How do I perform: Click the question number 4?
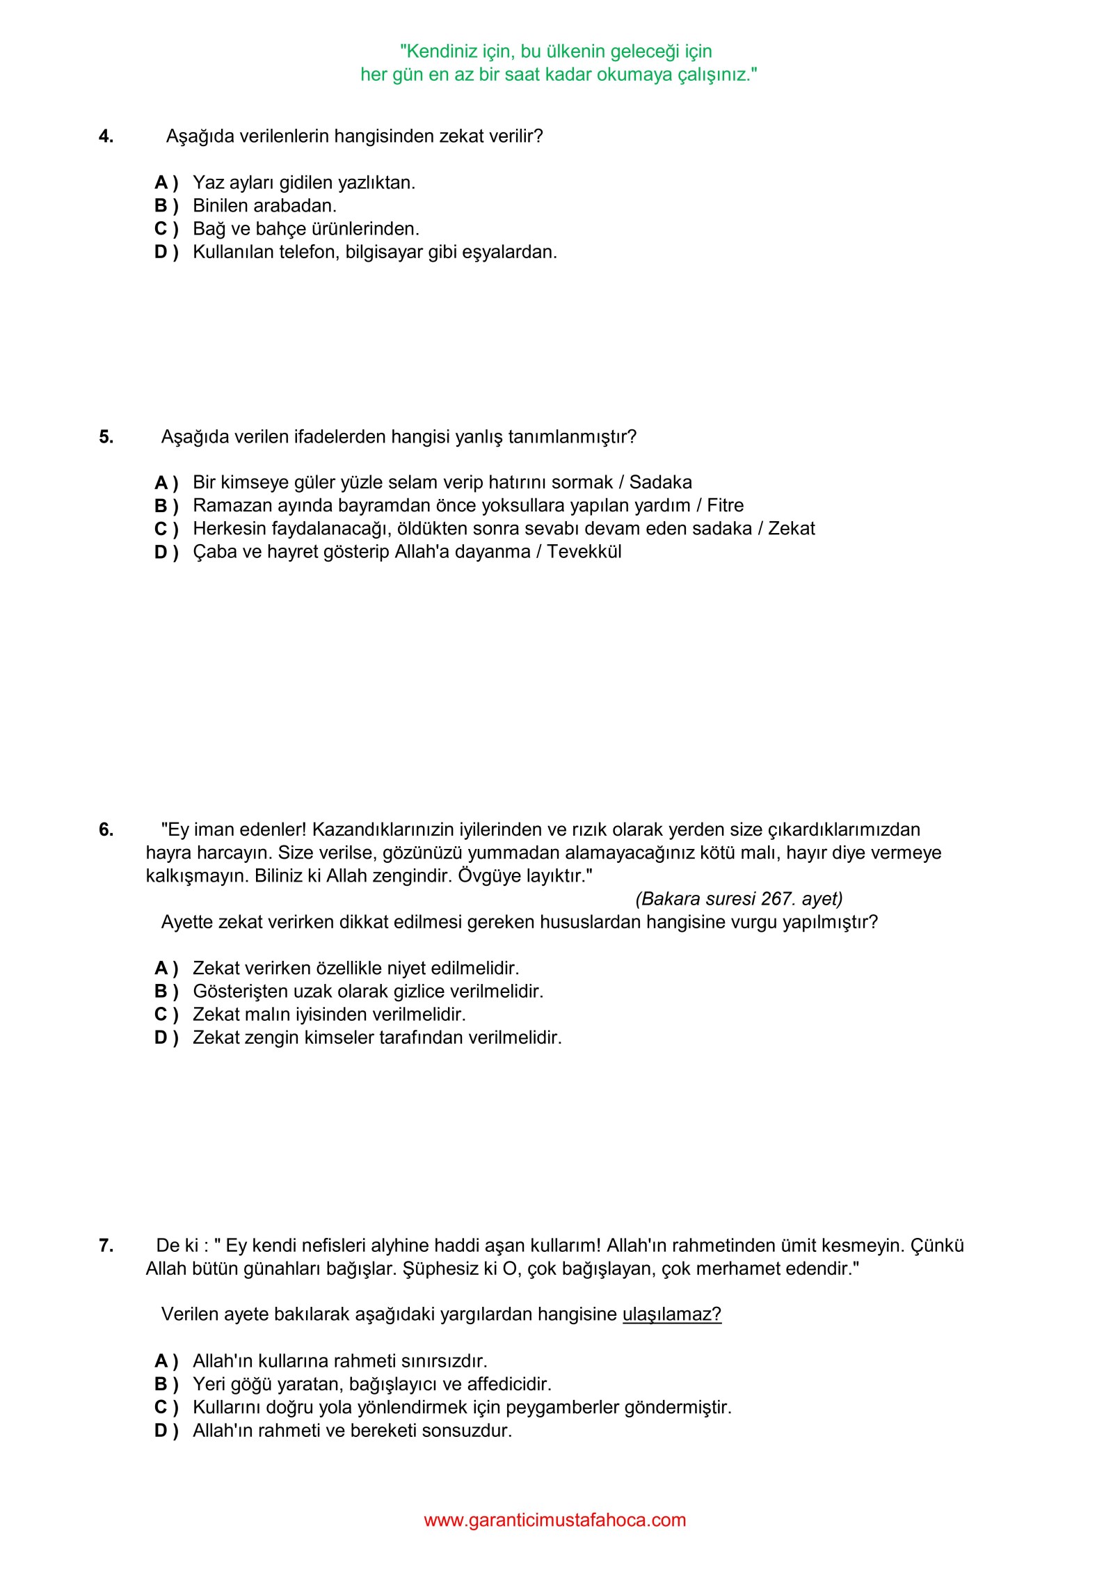pos(106,136)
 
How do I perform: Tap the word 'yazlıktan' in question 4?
pos(376,183)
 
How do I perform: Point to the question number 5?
pos(106,437)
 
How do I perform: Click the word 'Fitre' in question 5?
pos(725,505)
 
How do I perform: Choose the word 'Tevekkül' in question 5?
pos(584,552)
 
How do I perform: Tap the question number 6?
pos(106,829)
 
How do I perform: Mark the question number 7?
pos(106,1246)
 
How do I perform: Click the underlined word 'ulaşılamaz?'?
pos(671,1314)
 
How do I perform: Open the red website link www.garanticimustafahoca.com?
pos(554,1520)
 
